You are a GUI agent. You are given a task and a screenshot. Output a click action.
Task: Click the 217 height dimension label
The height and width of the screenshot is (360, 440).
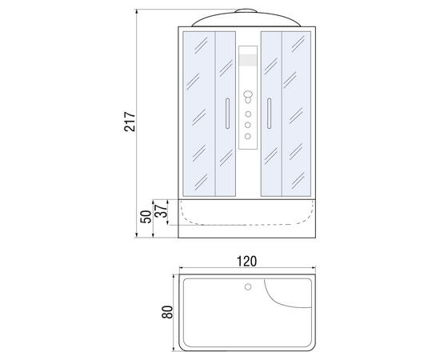coord(130,122)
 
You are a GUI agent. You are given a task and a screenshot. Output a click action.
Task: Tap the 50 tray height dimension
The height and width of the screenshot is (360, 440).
coord(146,217)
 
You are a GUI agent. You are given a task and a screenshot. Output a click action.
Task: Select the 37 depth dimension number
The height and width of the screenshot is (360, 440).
coord(162,210)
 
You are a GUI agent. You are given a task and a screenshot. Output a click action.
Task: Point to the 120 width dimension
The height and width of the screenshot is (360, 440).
coord(247,262)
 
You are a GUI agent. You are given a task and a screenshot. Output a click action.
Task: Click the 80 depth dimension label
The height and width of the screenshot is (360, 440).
coord(167,312)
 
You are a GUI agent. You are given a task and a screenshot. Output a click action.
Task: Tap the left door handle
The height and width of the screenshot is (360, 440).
coord(227,114)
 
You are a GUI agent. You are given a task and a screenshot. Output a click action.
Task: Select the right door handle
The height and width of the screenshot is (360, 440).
coord(269,114)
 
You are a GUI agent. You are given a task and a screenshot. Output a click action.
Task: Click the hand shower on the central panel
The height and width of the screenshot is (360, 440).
coord(248,97)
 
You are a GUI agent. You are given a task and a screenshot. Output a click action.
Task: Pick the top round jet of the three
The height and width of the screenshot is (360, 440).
coord(248,114)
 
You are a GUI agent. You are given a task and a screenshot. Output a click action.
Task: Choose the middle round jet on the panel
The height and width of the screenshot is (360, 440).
coord(248,125)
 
